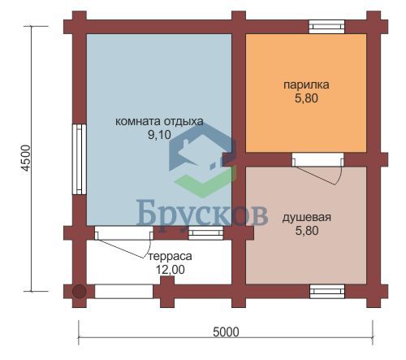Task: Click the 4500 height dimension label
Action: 26,158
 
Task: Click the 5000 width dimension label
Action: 226,332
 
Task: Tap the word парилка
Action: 306,85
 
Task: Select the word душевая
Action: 307,218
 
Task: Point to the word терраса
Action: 170,256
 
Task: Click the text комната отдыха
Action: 159,121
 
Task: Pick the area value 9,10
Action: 159,135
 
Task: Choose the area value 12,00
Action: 170,270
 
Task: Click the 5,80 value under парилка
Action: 306,98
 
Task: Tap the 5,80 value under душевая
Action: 307,231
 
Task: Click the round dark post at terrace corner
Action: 80,292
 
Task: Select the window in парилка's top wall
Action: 327,27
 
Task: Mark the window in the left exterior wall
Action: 80,159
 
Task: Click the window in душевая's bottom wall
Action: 327,292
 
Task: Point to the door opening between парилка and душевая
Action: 317,159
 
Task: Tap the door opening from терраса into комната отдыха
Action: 123,233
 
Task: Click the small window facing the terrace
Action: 205,233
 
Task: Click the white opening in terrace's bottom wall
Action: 123,292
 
